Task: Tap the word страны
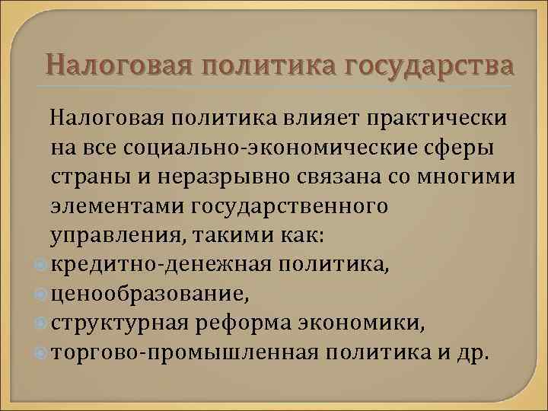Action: tap(84, 177)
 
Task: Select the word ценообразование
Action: tap(148, 294)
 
